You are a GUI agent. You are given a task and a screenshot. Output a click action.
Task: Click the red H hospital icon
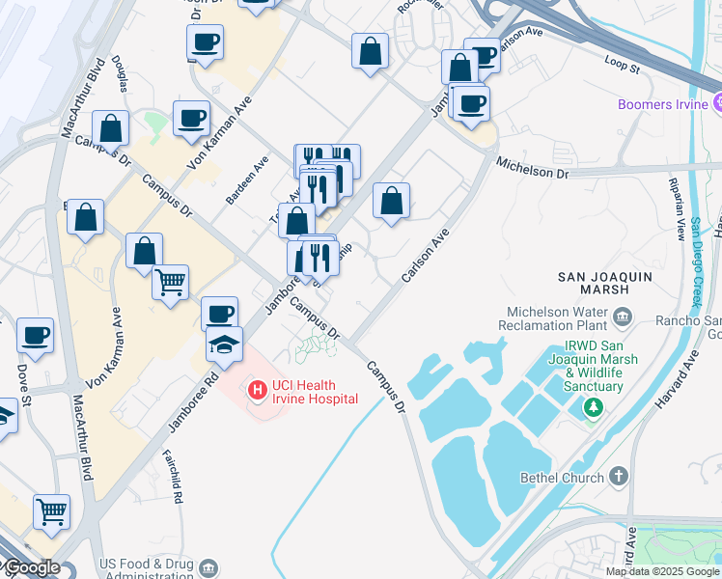pos(257,391)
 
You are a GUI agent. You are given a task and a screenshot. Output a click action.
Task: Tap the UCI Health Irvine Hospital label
pos(315,392)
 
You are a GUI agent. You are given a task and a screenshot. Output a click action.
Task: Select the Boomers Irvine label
pos(664,104)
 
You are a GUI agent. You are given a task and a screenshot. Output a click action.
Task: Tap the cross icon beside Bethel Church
pos(619,477)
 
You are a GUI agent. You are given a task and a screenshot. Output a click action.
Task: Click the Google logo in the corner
pos(31,568)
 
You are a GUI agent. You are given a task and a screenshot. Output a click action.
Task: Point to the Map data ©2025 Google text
pos(661,571)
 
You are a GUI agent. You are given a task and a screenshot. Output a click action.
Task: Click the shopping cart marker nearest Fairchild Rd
pos(51,511)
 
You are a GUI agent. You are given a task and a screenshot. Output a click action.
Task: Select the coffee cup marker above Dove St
pos(35,335)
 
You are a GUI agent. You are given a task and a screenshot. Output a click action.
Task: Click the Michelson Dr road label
pos(532,171)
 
